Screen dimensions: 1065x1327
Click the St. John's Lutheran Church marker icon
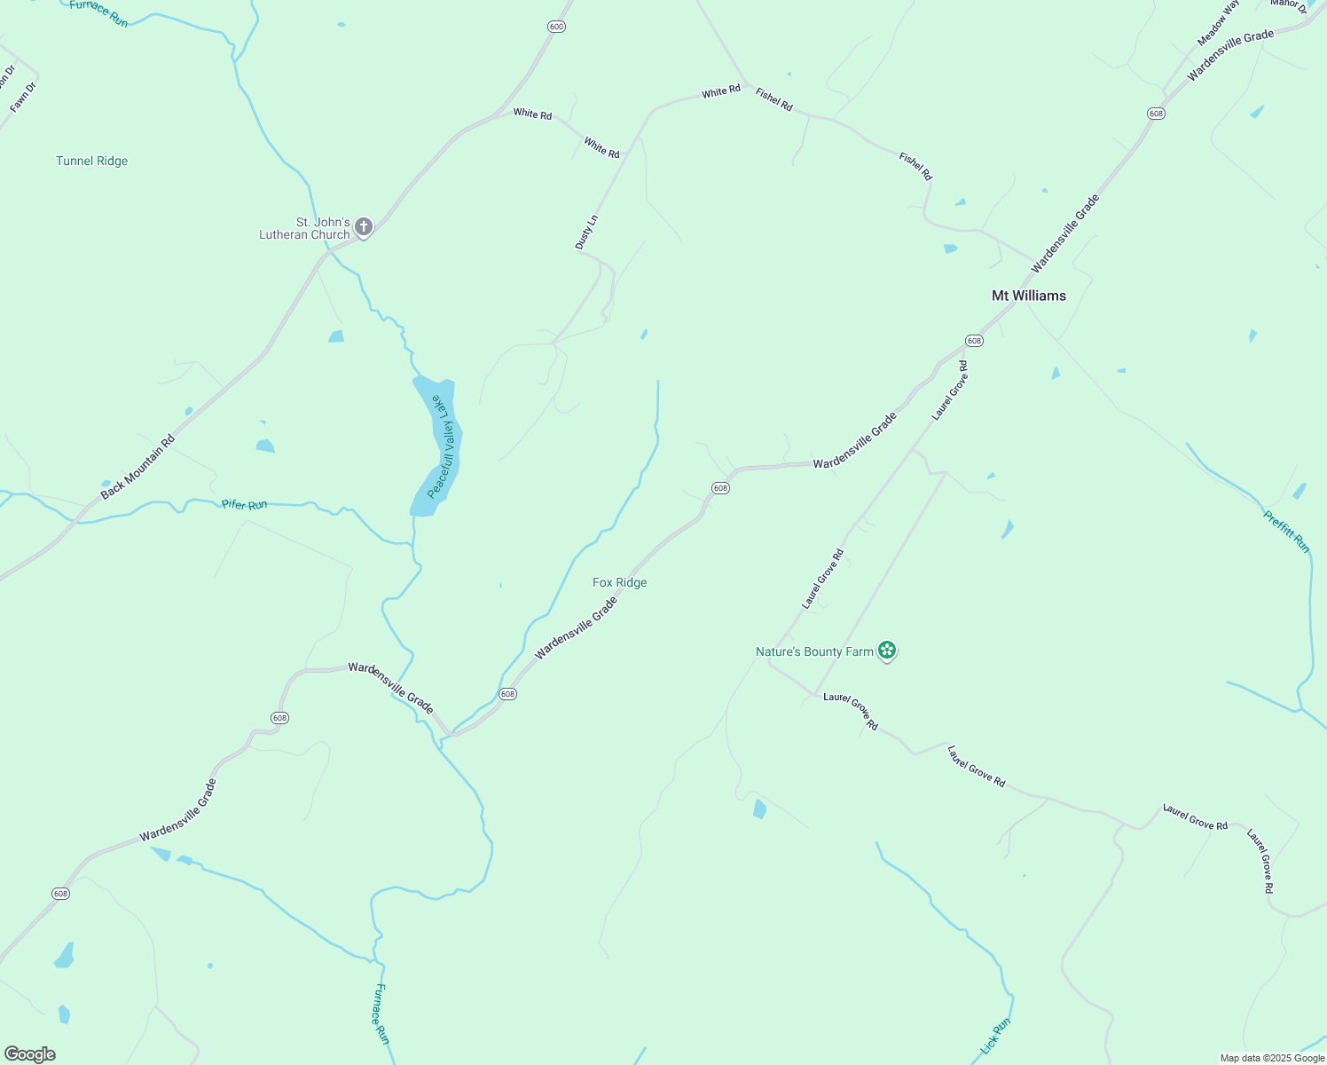click(364, 227)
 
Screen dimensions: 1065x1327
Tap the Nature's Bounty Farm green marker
click(886, 651)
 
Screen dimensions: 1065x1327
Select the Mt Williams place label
click(1028, 296)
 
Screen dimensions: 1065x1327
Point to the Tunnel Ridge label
click(91, 161)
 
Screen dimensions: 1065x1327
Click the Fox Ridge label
click(619, 582)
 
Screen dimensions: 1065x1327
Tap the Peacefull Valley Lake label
click(444, 446)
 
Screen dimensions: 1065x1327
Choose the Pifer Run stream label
click(244, 504)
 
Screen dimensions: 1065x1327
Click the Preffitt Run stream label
click(1286, 531)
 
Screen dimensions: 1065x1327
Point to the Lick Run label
click(995, 1037)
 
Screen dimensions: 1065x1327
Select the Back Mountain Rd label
click(137, 467)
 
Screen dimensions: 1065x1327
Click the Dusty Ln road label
click(586, 232)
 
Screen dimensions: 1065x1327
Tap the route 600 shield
click(556, 27)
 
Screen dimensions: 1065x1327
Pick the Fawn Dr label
click(23, 97)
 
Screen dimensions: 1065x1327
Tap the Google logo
click(29, 1054)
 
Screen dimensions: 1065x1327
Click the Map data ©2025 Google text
click(1272, 1058)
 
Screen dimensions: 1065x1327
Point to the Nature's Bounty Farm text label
click(814, 651)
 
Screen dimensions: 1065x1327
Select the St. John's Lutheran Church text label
click(305, 228)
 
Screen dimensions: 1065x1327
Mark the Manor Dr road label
click(1288, 5)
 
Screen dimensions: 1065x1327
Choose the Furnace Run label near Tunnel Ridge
click(99, 12)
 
